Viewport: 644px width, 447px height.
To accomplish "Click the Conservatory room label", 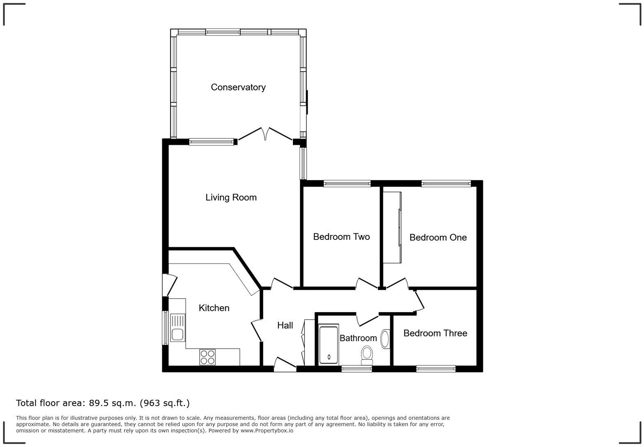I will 238,87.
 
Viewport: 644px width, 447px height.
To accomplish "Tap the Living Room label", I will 231,198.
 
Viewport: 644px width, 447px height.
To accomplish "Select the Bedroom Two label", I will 341,237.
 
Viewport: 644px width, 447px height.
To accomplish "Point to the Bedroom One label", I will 438,237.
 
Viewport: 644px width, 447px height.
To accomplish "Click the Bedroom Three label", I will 435,333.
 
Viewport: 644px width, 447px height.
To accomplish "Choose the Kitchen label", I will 214,308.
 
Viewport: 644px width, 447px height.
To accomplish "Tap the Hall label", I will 285,325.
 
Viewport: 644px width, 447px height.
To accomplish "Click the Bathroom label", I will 358,338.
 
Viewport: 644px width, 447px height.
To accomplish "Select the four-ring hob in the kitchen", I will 207,357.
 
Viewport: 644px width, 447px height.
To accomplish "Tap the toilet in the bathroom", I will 367,355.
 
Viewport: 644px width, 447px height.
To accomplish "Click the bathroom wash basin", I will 385,339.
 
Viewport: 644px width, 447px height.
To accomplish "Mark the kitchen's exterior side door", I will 169,285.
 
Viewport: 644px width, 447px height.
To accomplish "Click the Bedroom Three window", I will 436,369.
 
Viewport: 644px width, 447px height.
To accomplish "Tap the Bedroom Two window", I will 347,184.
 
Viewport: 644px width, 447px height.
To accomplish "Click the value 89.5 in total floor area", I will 100,403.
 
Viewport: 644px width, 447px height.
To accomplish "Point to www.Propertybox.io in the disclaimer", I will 267,431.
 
